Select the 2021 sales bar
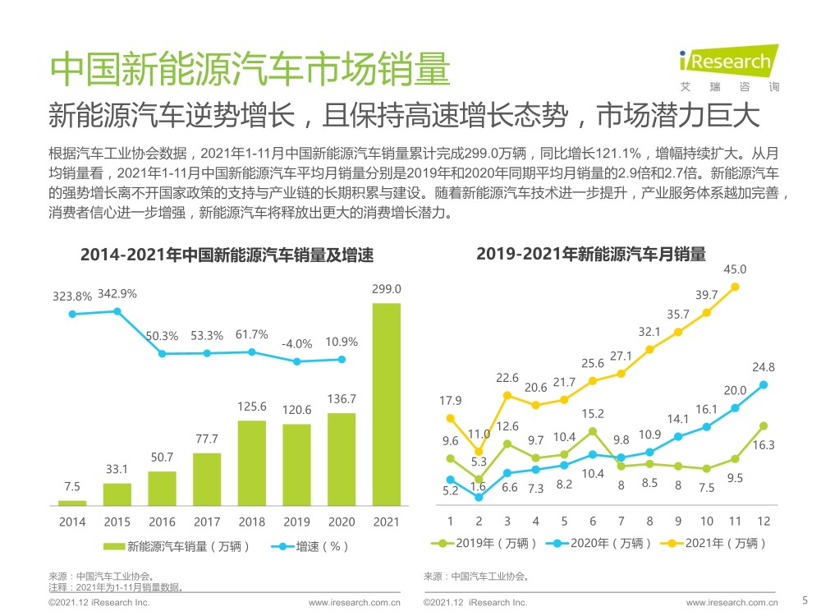[387, 403]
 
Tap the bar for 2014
[72, 502]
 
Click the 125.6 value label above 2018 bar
[252, 407]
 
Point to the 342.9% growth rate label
[117, 294]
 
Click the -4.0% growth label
[297, 344]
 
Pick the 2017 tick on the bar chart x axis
[207, 522]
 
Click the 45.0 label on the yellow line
[735, 269]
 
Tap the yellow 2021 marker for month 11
[735, 287]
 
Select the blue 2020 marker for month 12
[764, 384]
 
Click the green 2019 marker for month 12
[764, 425]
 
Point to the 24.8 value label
[764, 367]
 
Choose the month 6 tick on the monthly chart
[593, 522]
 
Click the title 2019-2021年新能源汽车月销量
[591, 255]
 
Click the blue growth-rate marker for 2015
[117, 311]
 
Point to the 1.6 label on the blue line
[479, 487]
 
